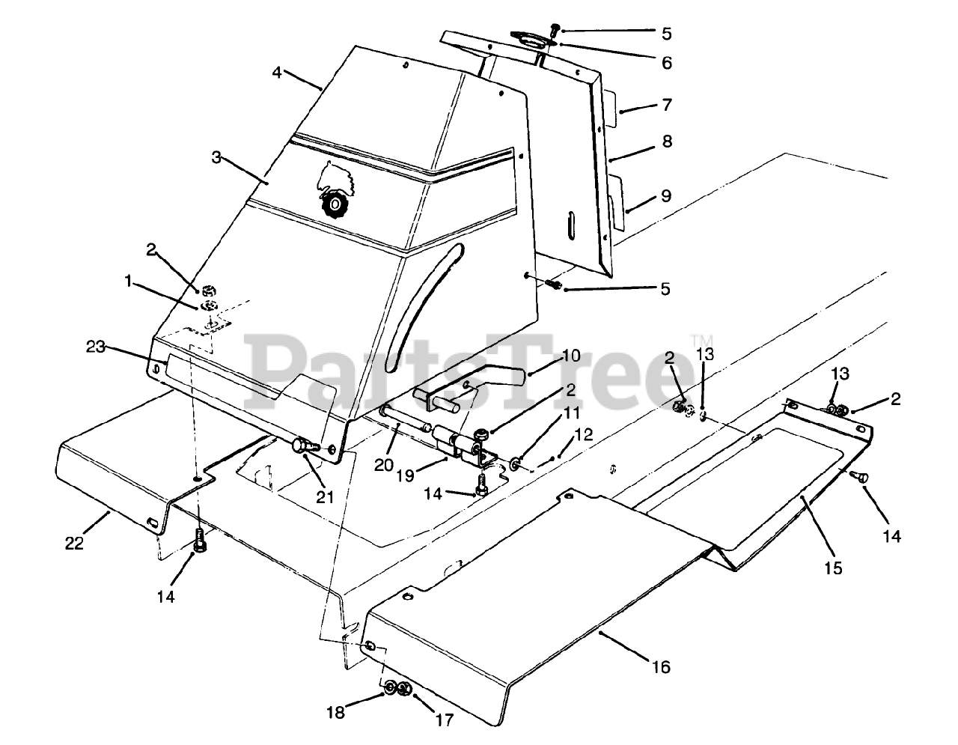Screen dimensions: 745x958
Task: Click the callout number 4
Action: click(x=277, y=73)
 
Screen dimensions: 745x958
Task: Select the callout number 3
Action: click(x=216, y=157)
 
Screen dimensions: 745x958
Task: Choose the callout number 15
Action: click(x=832, y=568)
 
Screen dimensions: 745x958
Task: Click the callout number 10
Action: click(x=570, y=356)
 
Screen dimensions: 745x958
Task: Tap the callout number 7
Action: click(x=666, y=105)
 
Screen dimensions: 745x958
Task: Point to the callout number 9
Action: click(x=665, y=196)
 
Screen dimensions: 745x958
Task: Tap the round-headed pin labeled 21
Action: click(x=301, y=445)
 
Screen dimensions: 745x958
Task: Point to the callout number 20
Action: click(x=384, y=464)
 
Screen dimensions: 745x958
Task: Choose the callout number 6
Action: click(x=666, y=63)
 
